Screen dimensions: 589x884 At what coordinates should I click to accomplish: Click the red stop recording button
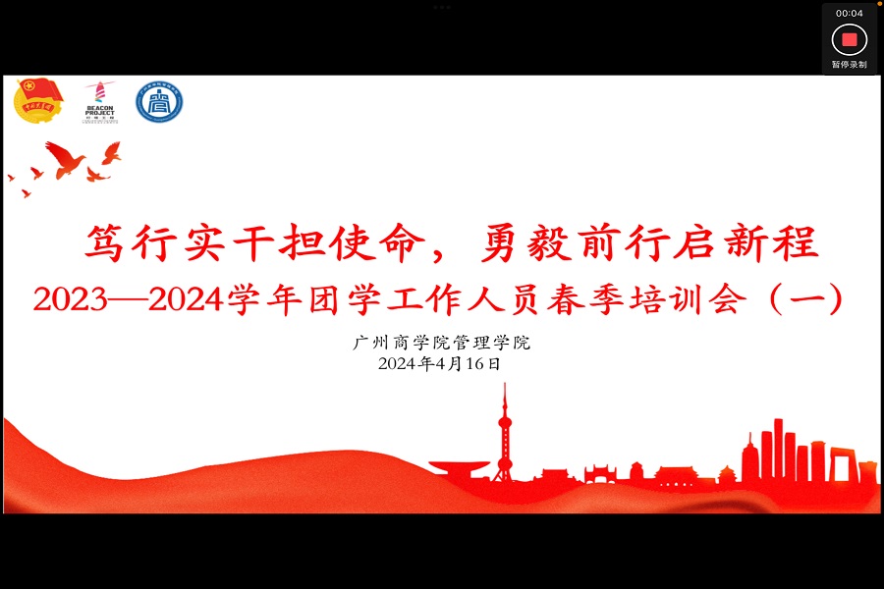coord(850,39)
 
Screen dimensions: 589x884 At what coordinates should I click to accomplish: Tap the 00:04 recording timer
coord(850,13)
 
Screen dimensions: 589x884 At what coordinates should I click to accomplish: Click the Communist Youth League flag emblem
coord(39,100)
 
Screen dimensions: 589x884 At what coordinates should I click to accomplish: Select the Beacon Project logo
coord(100,101)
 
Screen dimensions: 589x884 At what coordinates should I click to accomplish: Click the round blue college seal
coord(159,101)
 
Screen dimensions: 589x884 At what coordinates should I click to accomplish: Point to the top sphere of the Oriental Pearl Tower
coord(505,423)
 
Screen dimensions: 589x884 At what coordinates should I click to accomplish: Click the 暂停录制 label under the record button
coord(850,65)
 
